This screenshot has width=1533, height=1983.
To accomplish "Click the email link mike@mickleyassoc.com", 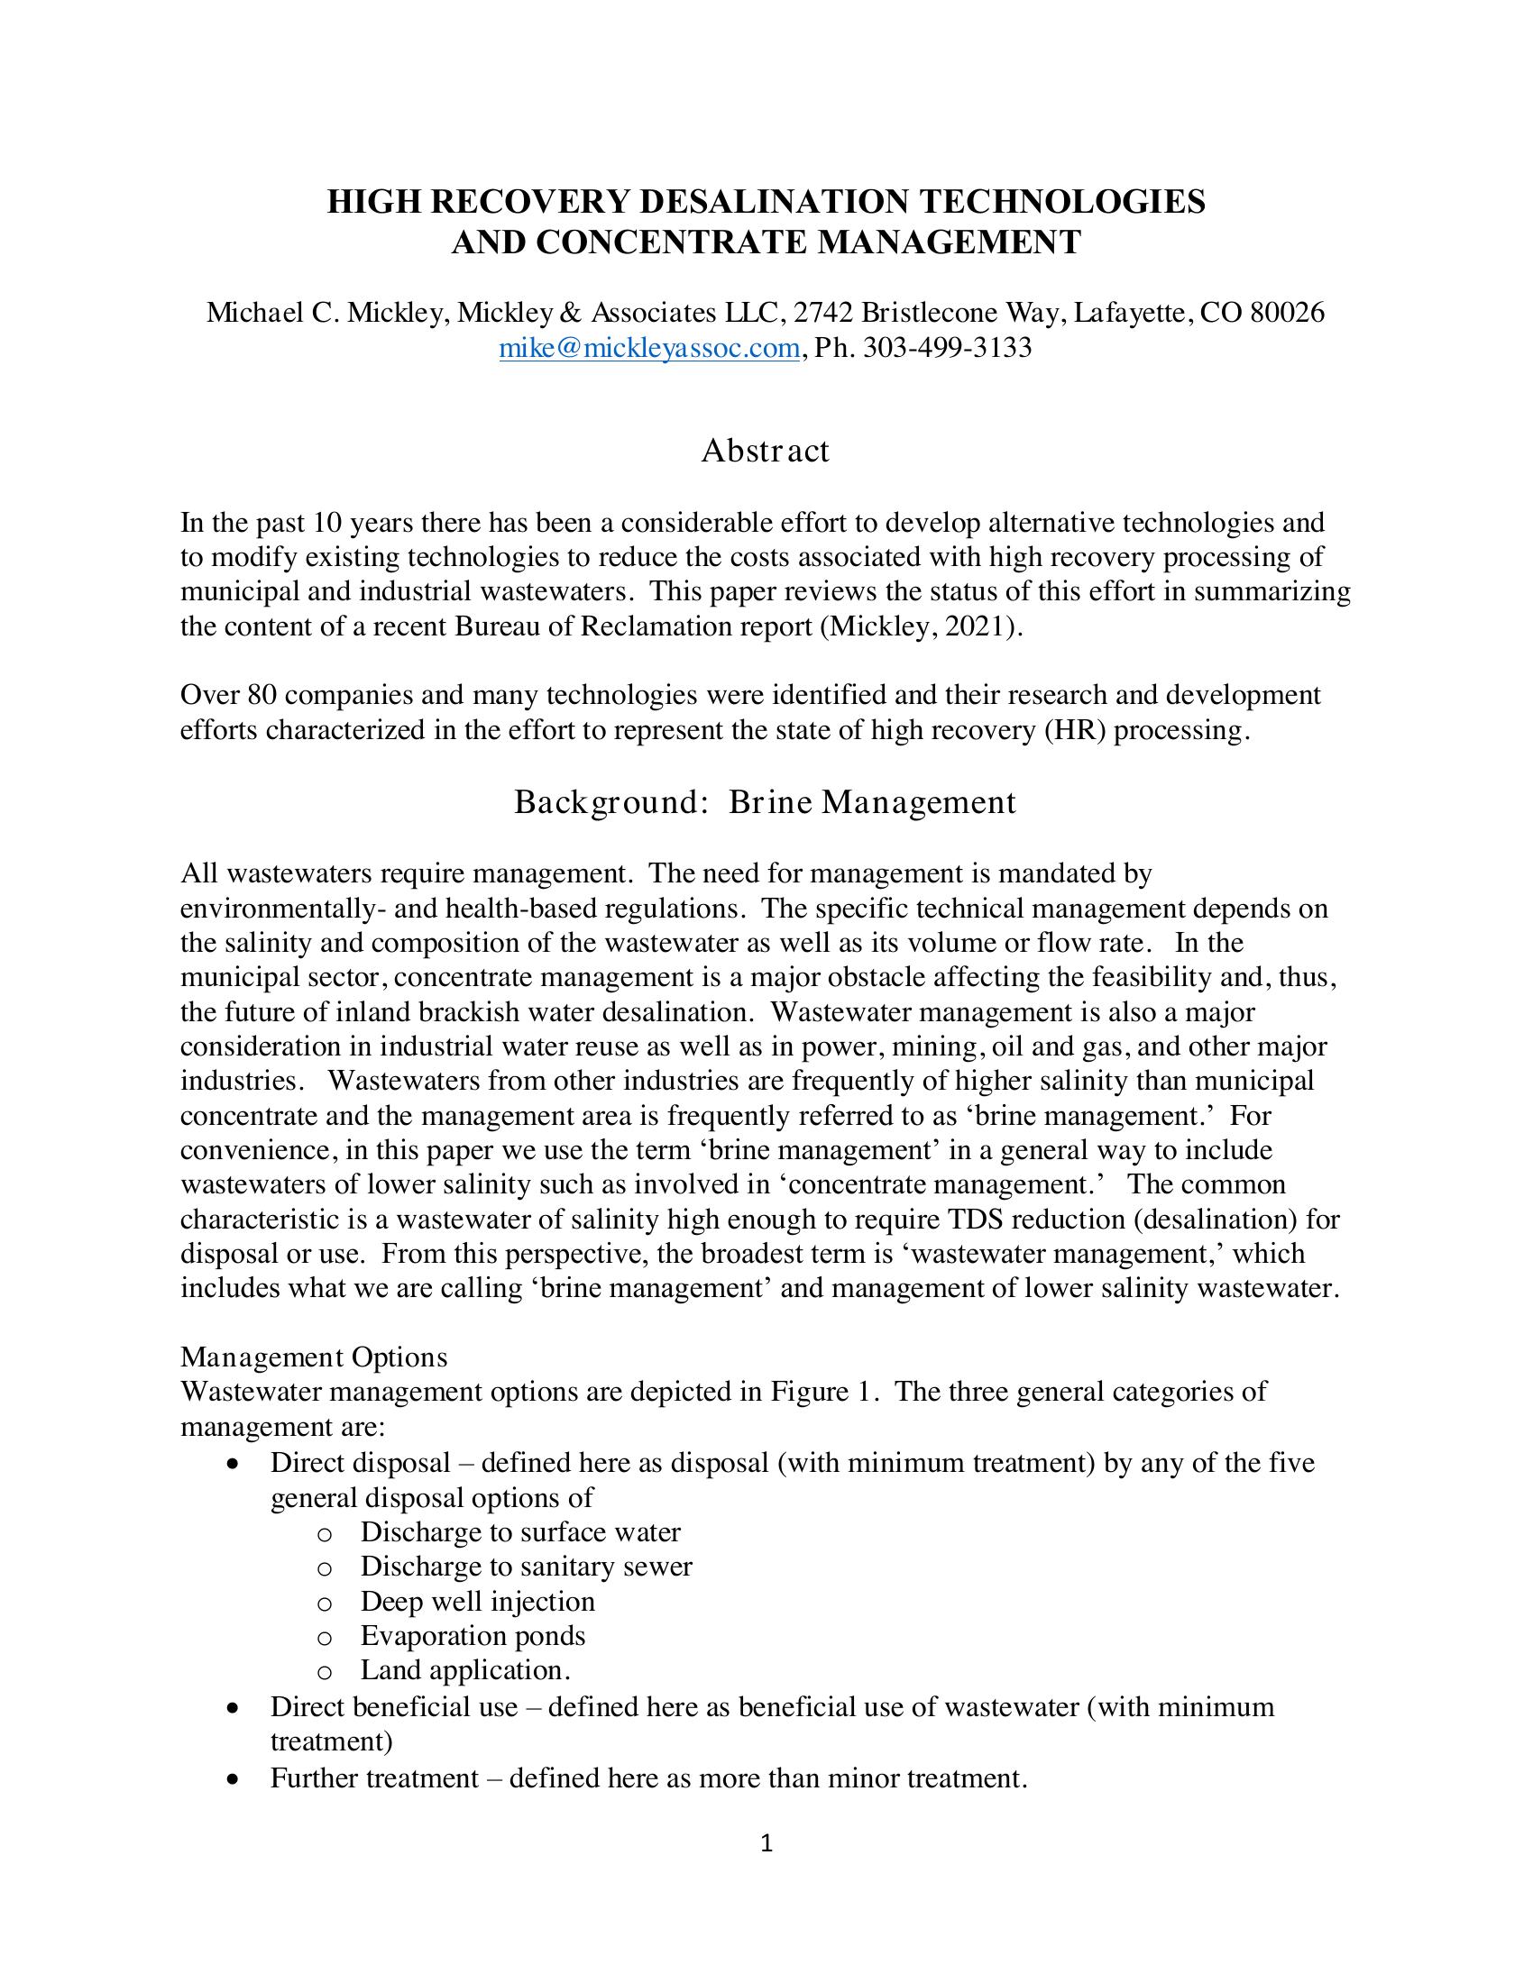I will [x=649, y=348].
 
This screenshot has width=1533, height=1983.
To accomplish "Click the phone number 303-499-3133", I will [x=946, y=348].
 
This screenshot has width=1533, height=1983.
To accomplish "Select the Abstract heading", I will [x=765, y=451].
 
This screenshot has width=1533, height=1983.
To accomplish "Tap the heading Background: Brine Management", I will [x=765, y=801].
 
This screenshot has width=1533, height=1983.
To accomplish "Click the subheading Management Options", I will [x=314, y=1357].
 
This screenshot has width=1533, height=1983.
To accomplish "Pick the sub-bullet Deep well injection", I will [x=478, y=1601].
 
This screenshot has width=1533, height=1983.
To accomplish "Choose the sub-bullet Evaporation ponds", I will [x=473, y=1635].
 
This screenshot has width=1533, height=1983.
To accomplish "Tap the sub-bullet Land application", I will [x=465, y=1669].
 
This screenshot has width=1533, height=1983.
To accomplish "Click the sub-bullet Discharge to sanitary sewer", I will [x=526, y=1567].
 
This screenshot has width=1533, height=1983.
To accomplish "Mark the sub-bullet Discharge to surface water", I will [x=520, y=1531].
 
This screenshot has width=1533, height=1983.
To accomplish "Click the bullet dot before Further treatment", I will [x=234, y=1778].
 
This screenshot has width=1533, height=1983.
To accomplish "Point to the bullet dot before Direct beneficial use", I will [x=234, y=1708].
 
